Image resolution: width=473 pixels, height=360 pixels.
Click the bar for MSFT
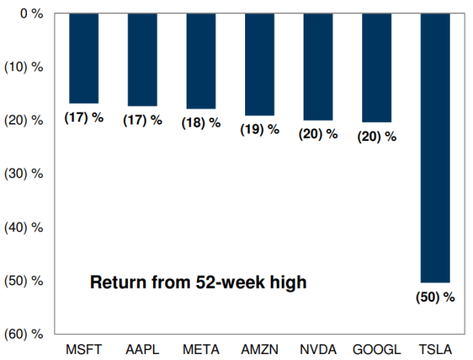click(83, 58)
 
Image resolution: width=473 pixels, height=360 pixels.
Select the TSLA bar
click(435, 147)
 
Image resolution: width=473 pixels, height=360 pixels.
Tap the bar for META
click(200, 61)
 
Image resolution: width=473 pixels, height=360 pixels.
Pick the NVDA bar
click(318, 66)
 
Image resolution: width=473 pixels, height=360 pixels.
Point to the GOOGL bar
click(376, 67)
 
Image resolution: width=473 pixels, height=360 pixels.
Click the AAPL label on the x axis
click(142, 349)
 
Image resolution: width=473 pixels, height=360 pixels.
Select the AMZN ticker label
click(259, 349)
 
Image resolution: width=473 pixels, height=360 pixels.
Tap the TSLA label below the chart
click(435, 349)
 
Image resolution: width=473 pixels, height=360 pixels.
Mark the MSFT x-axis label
click(83, 349)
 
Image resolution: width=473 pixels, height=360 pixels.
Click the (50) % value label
click(435, 297)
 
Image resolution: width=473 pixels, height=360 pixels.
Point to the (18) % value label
click(201, 123)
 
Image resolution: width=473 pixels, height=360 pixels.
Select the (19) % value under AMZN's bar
click(259, 129)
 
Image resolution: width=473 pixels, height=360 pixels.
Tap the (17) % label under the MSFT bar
click(83, 118)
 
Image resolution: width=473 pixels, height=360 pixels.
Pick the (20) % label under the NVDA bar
click(318, 134)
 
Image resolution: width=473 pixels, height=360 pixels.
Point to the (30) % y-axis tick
click(25, 173)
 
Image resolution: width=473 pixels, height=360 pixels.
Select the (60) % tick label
click(25, 334)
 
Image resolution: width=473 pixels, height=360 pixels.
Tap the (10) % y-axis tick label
click(25, 67)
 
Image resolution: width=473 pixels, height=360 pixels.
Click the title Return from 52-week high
click(199, 283)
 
